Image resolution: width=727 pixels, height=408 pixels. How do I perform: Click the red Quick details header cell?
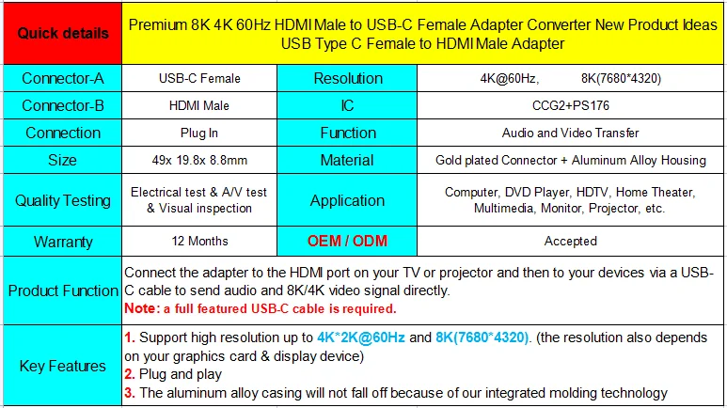(62, 34)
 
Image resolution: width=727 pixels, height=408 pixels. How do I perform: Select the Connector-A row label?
(62, 79)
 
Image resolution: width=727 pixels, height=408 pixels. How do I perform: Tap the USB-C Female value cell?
(200, 79)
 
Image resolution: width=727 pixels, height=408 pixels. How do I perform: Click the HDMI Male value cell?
(200, 106)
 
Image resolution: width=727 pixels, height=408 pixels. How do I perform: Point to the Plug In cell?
(200, 133)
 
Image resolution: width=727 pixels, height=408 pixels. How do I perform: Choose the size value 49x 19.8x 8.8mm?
(200, 161)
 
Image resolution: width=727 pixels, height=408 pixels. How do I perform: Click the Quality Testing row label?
(62, 200)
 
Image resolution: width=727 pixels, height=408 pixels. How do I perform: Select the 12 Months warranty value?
(200, 242)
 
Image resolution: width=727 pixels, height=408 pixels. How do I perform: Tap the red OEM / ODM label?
(347, 242)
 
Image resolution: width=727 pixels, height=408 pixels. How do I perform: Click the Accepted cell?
(570, 242)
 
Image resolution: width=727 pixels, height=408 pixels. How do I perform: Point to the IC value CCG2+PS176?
(570, 106)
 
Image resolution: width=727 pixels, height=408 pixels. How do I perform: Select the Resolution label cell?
(347, 79)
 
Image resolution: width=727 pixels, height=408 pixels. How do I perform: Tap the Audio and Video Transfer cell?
(570, 133)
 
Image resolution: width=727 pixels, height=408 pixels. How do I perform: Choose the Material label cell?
(347, 161)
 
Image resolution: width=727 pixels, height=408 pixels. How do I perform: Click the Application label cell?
(347, 200)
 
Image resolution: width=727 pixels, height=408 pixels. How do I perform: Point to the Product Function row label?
(62, 290)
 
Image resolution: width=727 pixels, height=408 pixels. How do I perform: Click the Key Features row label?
(62, 366)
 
